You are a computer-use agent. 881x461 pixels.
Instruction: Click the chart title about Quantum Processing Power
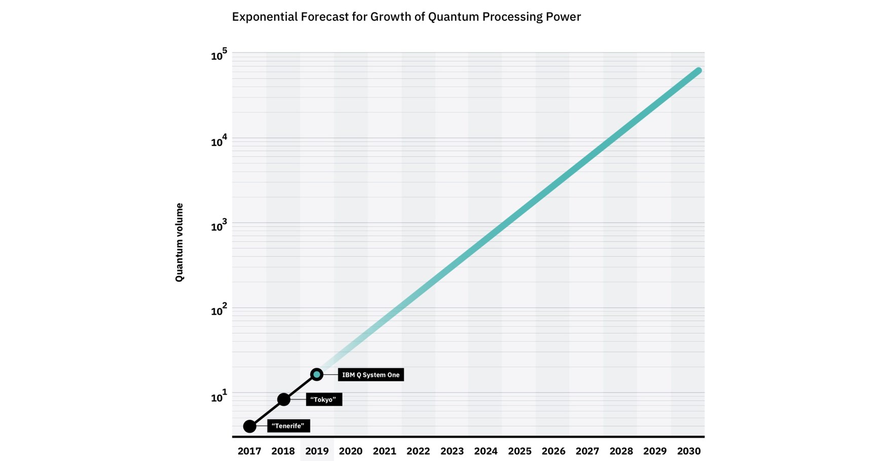coord(406,17)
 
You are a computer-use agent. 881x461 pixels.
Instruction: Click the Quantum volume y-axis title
coord(179,242)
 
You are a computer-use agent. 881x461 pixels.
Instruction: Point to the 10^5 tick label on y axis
coord(219,55)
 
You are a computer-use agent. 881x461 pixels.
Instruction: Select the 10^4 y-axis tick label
coord(219,141)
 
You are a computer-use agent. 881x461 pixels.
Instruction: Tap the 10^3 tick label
coord(219,226)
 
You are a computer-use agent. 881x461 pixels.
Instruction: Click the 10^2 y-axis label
coord(219,311)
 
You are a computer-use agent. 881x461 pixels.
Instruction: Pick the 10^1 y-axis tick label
coord(219,397)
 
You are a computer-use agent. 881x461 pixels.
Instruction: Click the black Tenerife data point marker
coord(249,426)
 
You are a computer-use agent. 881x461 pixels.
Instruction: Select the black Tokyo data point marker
coord(284,399)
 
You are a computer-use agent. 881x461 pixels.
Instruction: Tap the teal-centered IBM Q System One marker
coord(317,374)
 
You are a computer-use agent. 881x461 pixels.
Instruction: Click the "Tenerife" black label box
coord(288,426)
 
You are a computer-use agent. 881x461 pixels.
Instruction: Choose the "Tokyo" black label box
coord(323,400)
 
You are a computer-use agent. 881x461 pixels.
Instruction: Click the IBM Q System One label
coord(371,375)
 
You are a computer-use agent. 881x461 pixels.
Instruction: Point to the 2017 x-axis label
coord(249,451)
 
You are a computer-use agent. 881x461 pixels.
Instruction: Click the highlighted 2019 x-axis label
coord(317,451)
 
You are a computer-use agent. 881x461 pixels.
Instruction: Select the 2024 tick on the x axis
coord(486,451)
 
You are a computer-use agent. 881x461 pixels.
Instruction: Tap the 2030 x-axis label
coord(688,451)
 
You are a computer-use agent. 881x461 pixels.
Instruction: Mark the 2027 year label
coord(587,451)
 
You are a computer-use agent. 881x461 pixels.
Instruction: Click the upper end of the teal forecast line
coord(698,71)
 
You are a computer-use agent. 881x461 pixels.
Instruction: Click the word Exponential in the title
coord(264,17)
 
